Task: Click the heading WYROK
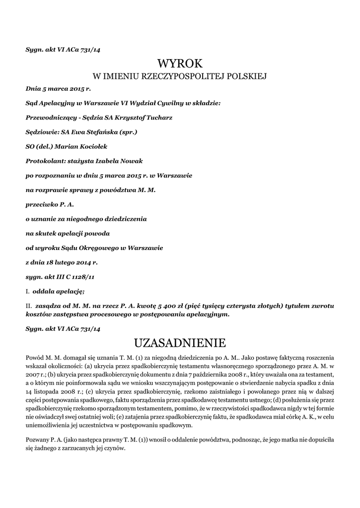[x=180, y=63]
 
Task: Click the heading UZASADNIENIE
[x=180, y=343]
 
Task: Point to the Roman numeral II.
[x=28, y=306]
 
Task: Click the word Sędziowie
[x=42, y=132]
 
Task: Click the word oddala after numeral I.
[x=43, y=291]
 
